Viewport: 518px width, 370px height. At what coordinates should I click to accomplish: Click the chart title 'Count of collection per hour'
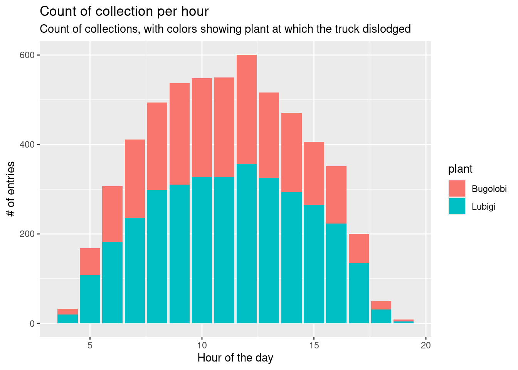click(124, 12)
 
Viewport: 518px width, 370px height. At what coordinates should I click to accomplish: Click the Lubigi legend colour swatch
click(457, 206)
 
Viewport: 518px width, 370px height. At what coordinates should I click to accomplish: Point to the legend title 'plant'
click(460, 169)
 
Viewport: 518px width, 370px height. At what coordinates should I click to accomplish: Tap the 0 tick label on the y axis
click(32, 323)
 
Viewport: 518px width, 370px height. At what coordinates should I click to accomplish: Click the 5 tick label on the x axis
click(90, 345)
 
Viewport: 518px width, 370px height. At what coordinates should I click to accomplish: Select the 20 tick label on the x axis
click(425, 345)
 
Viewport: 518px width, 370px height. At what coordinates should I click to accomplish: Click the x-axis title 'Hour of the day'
click(235, 358)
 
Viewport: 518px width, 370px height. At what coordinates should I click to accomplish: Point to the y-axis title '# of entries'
click(11, 189)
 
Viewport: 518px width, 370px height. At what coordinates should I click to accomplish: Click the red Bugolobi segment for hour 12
click(247, 109)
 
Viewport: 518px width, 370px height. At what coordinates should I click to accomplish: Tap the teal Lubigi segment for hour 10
click(202, 251)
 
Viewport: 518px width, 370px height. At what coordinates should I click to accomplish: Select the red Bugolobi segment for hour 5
click(90, 261)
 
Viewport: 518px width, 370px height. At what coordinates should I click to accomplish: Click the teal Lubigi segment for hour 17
click(359, 293)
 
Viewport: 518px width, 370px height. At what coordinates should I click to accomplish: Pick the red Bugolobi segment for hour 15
click(314, 173)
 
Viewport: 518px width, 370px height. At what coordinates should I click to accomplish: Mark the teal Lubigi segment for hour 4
click(67, 319)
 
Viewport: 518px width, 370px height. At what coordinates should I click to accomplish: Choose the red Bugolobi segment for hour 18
click(381, 305)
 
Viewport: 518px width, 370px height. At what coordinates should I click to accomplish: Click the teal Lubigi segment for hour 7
click(135, 271)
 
